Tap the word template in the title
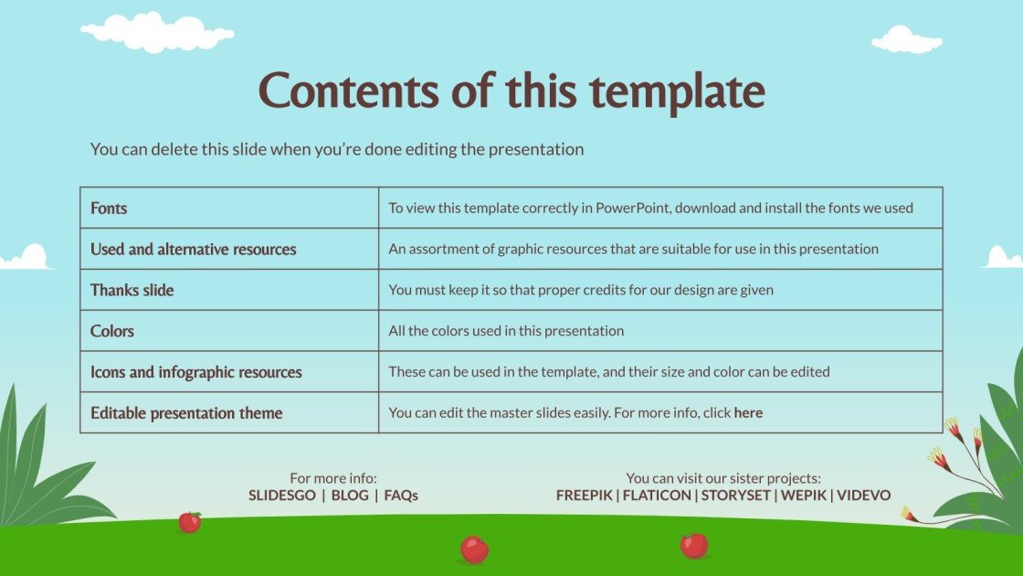point(677,91)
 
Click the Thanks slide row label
point(132,290)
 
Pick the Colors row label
point(112,331)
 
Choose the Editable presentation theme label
point(186,413)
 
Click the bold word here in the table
point(748,413)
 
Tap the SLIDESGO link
point(281,496)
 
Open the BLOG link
point(349,496)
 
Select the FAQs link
point(401,496)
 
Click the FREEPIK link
point(585,496)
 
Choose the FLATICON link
point(657,496)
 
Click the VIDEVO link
point(863,496)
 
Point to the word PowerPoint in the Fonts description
point(633,208)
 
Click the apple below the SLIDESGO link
point(189,522)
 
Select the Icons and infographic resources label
point(195,372)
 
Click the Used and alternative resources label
point(193,250)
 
